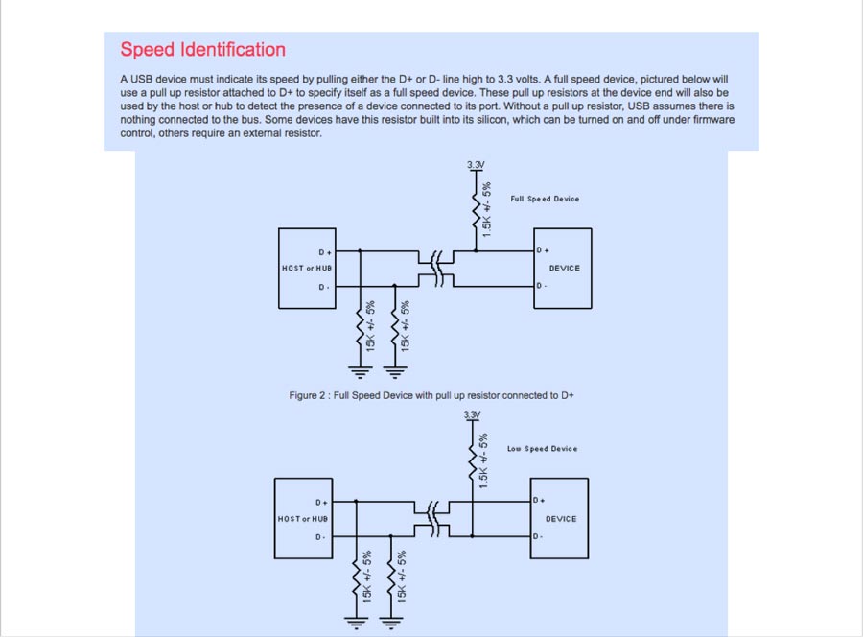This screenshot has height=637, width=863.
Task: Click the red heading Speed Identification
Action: click(x=202, y=50)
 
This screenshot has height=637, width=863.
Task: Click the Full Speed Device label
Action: click(x=545, y=199)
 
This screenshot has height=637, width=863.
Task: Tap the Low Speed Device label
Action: click(x=542, y=449)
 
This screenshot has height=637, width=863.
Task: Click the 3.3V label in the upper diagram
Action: click(x=476, y=165)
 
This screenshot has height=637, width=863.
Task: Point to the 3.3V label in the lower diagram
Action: click(x=472, y=414)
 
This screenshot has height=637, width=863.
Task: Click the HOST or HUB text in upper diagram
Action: click(x=307, y=269)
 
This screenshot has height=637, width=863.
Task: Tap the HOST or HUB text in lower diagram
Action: click(x=303, y=519)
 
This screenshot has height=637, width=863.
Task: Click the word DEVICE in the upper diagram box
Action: click(x=564, y=269)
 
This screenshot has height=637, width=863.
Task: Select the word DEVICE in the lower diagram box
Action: click(x=561, y=519)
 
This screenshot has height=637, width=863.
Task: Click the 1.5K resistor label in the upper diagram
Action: click(x=487, y=210)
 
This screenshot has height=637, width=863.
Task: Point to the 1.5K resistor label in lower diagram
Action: click(x=484, y=460)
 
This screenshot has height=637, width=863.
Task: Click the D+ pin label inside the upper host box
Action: click(x=324, y=252)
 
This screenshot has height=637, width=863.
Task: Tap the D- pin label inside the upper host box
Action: click(x=324, y=287)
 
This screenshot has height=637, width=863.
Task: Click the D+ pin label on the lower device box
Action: click(x=538, y=501)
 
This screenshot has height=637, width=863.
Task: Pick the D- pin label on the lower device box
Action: click(x=538, y=536)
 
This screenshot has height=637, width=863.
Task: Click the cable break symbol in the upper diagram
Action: click(x=437, y=269)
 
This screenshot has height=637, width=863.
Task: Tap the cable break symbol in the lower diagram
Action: click(x=433, y=518)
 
